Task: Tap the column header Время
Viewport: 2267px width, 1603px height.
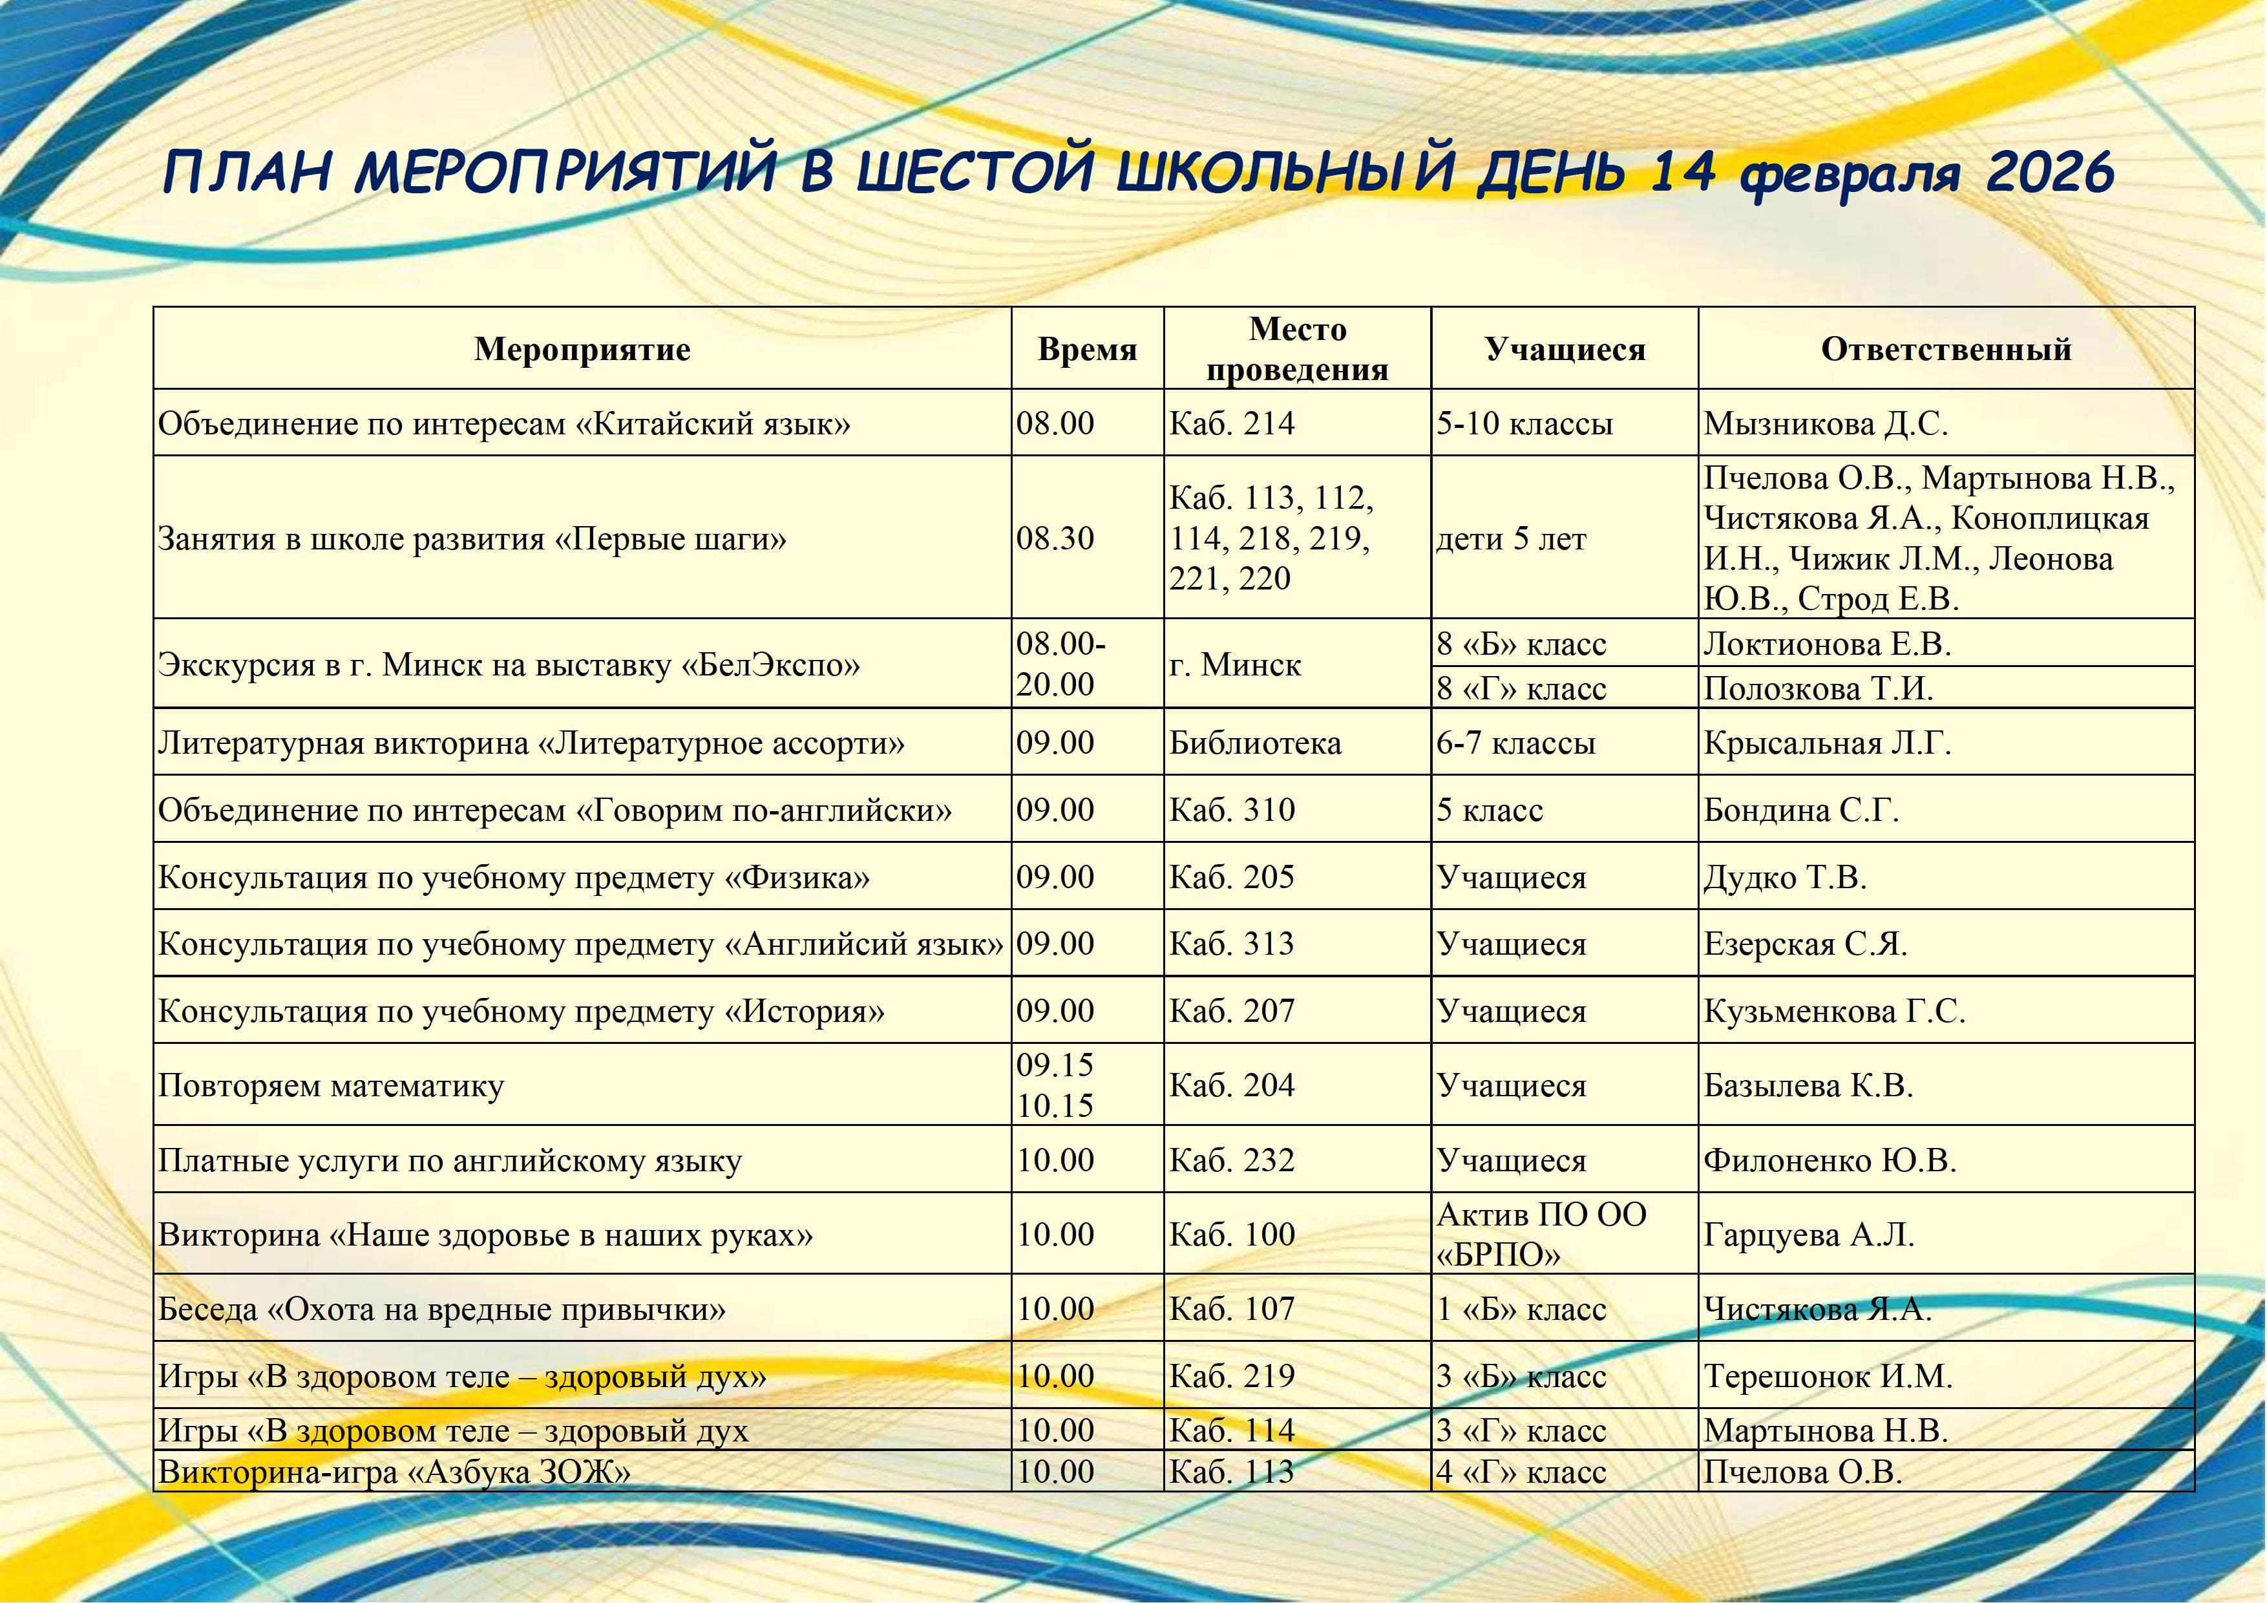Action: coord(1087,350)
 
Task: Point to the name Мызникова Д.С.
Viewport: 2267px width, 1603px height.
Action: coord(1825,424)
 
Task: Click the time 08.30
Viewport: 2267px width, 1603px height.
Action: coord(1055,538)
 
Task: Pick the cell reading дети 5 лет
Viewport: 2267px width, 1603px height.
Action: coord(1511,539)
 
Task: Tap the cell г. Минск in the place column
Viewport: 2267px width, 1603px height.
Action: coord(1234,664)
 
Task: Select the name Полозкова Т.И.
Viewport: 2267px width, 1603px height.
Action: coord(1818,688)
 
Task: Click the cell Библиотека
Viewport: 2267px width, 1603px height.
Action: coord(1255,743)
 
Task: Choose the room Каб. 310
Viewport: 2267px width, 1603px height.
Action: coord(1231,810)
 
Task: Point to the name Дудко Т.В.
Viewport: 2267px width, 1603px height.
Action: coord(1784,877)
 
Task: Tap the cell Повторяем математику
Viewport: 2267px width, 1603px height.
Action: coord(331,1085)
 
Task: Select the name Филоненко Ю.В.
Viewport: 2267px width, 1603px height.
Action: coord(1829,1160)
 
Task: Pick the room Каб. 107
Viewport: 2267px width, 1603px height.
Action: coord(1231,1310)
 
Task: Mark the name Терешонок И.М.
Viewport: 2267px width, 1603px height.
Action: coord(1828,1377)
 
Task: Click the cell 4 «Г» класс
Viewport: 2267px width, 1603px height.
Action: coord(1521,1472)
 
